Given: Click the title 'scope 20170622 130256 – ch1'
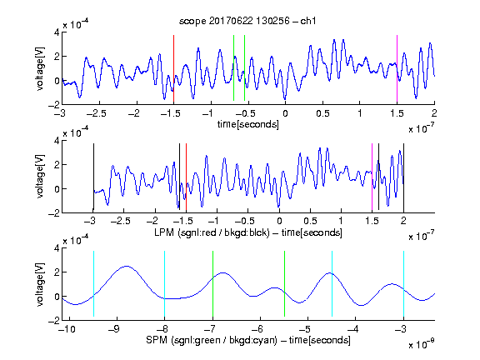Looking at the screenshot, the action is (247, 21).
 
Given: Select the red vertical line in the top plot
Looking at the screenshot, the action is (173, 68).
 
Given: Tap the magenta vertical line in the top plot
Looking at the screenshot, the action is (397, 68).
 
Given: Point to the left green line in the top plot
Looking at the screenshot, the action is (233, 68).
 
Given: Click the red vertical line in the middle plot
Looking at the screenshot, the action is (186, 177).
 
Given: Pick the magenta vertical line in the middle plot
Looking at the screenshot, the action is (372, 177).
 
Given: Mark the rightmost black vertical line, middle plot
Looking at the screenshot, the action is (403, 177).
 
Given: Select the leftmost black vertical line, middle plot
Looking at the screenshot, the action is (93, 177).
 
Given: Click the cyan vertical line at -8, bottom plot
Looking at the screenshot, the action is (165, 284).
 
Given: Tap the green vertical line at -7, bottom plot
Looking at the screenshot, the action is (212, 284).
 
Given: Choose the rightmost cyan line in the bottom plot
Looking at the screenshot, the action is (403, 284).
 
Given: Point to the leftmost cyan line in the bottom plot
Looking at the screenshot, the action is (93, 284).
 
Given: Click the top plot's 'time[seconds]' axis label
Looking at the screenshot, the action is (248, 124).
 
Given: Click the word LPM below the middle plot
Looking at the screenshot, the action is (164, 232).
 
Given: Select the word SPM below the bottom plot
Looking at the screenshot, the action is (157, 340).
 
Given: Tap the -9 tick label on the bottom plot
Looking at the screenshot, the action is (114, 329).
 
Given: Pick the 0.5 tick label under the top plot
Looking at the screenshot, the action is (322, 113).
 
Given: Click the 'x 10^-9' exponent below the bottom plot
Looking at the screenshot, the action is (422, 344).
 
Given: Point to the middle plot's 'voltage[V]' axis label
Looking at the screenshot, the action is (40, 177).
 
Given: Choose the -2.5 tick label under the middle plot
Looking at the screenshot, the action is (121, 221).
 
